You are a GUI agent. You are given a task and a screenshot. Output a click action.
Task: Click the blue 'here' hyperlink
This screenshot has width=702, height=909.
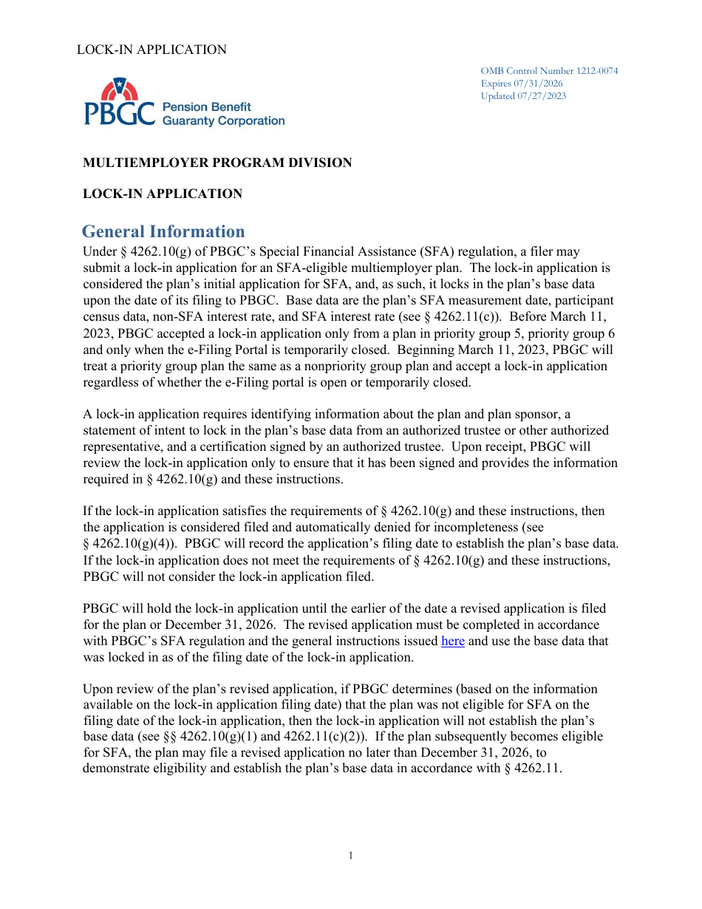click(x=452, y=641)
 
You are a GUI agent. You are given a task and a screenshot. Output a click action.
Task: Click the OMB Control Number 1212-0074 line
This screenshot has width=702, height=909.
click(x=549, y=71)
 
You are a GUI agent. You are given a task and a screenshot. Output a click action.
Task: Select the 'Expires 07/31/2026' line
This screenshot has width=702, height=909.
click(x=521, y=84)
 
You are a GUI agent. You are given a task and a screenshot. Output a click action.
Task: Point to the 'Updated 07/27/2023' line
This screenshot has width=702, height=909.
click(x=523, y=96)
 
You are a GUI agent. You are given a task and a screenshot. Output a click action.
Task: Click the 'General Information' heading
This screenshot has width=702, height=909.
click(x=163, y=232)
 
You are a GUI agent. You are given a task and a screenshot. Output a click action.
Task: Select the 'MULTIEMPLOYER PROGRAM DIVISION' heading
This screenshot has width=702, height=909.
click(x=217, y=163)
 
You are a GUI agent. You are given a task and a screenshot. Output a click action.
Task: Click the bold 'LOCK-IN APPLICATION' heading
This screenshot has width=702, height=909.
click(x=163, y=194)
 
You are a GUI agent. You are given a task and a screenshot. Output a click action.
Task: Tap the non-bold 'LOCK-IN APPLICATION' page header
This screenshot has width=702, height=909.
click(x=151, y=50)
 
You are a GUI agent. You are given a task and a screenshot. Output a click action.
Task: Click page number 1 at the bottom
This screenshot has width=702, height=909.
click(x=350, y=856)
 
